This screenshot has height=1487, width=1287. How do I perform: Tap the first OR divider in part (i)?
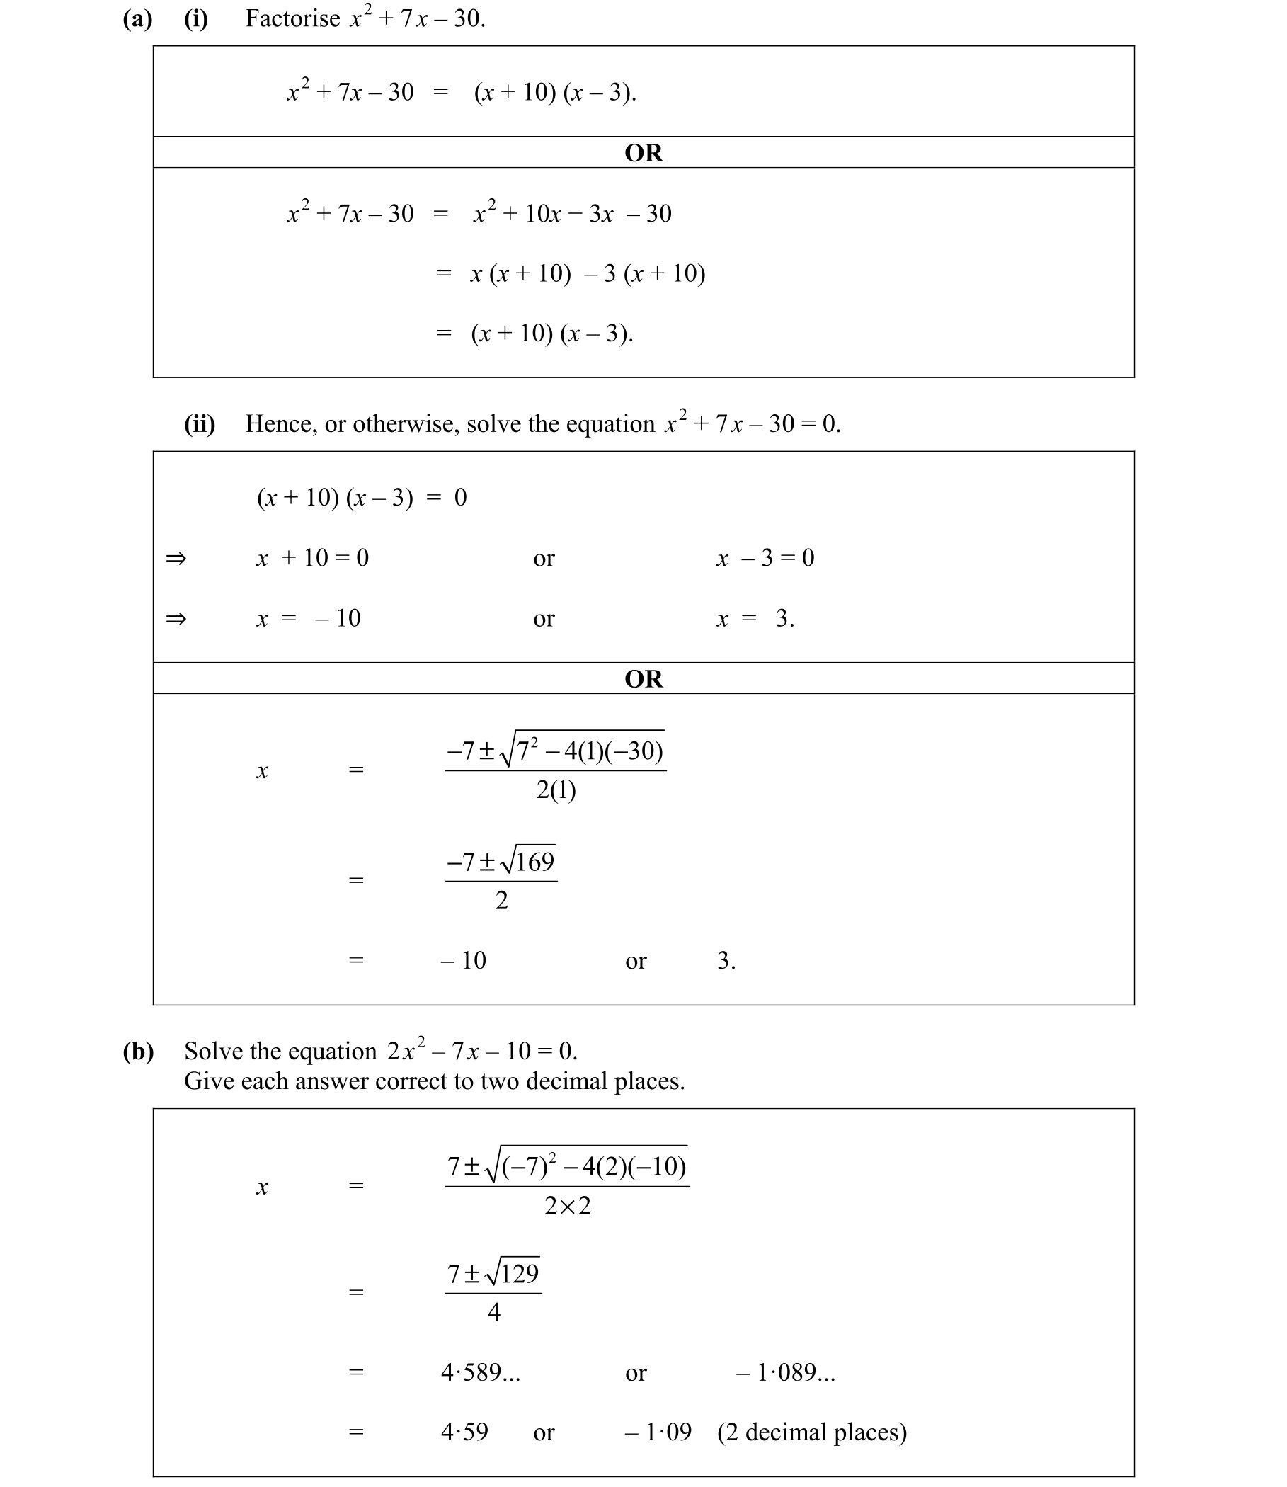tap(643, 153)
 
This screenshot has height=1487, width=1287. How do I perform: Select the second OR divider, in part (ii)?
tap(643, 679)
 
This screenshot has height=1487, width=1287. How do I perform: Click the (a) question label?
tap(137, 18)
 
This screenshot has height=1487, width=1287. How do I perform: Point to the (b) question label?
tap(138, 1052)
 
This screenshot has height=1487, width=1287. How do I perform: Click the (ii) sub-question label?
tap(200, 424)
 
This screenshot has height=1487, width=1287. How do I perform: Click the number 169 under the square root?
tap(535, 861)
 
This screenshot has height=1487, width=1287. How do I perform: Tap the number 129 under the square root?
tap(519, 1274)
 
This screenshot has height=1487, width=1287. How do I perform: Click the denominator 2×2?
tap(566, 1206)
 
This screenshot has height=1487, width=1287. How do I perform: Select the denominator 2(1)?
tap(556, 790)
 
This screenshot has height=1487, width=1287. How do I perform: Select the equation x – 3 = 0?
tap(765, 558)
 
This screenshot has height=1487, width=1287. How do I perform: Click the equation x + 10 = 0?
tap(312, 558)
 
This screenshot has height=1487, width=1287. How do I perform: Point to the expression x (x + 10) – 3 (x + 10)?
tap(588, 274)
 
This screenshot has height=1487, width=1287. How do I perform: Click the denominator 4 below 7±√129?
tap(493, 1312)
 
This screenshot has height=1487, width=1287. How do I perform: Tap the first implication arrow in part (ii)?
tap(176, 558)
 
